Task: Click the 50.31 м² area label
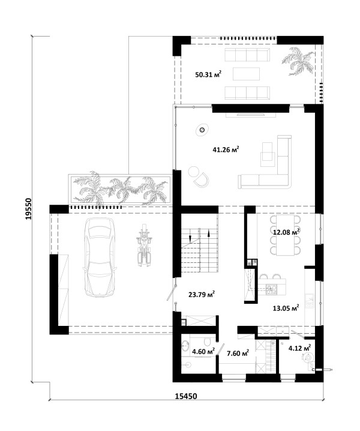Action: pos(208,74)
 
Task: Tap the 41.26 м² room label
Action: pos(226,150)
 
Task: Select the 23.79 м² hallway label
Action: pos(202,295)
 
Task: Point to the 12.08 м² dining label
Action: pos(286,232)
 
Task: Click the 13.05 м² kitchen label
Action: pos(286,308)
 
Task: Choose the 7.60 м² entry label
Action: pos(238,353)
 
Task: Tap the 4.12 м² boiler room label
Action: pos(299,348)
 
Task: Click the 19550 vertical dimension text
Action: pos(29,209)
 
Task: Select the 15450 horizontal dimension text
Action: pos(186,396)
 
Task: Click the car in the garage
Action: pos(100,257)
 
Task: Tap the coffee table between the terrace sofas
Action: pos(246,74)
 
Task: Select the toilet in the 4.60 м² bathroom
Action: pos(207,341)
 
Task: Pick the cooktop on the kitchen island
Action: pos(272,290)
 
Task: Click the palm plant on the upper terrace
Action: pos(298,61)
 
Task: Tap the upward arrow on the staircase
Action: pos(209,234)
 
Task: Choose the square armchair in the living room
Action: pos(268,154)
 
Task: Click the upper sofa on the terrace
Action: pos(247,55)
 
